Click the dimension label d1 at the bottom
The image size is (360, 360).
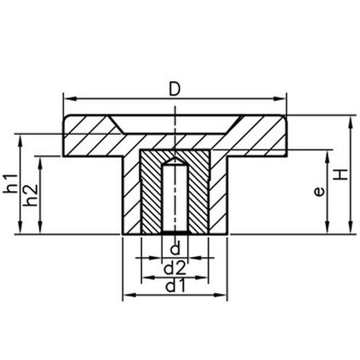pyautogui.click(x=176, y=285)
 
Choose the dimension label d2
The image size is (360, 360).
pyautogui.click(x=176, y=266)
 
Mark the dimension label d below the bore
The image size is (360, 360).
pyautogui.click(x=175, y=248)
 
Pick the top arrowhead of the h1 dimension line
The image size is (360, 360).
pyautogui.click(x=24, y=137)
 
